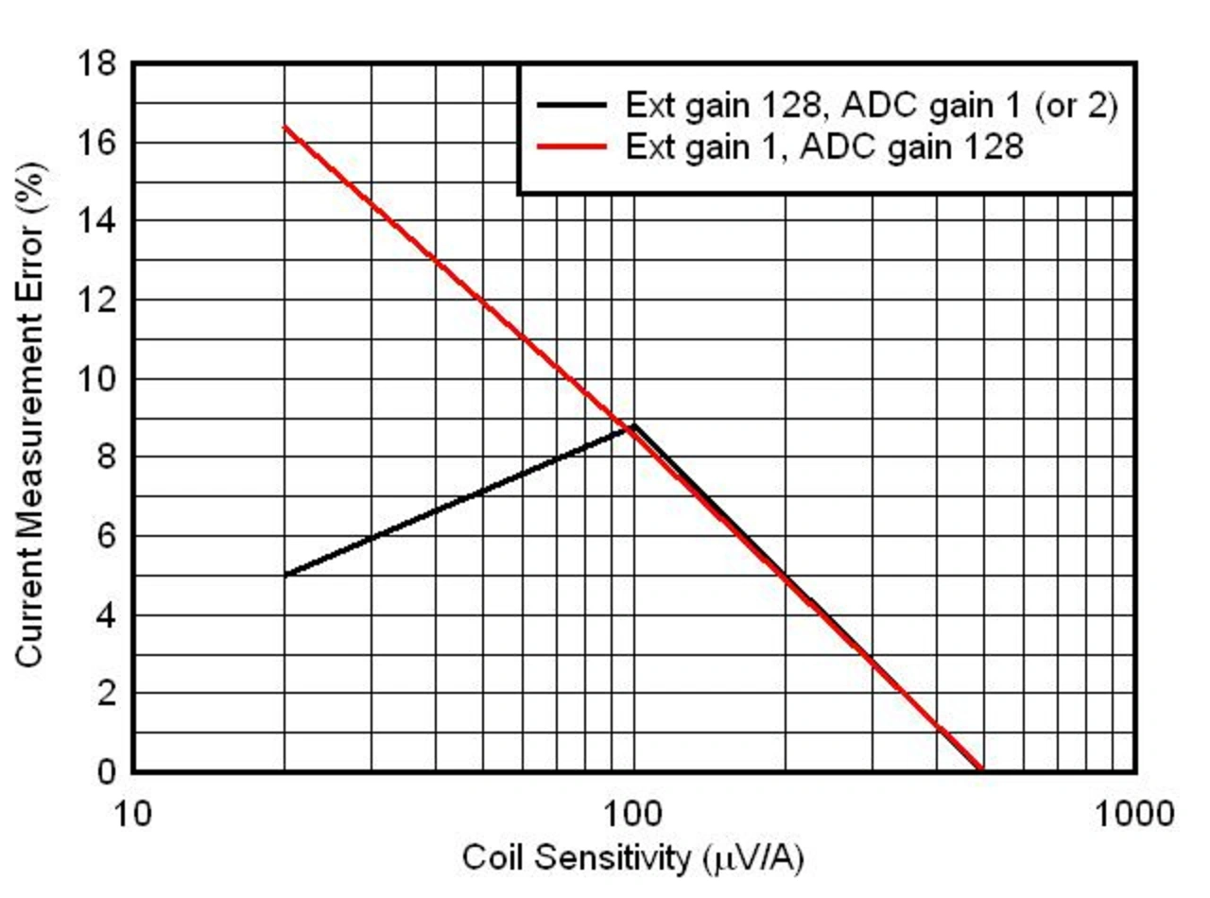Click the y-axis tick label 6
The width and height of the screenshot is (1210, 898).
[x=104, y=536]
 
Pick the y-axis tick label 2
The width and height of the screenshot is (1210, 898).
[x=104, y=693]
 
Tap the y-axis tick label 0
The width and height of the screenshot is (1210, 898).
[x=104, y=771]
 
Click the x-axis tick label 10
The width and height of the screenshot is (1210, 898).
[x=132, y=812]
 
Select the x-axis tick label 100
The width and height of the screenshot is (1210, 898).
[x=633, y=812]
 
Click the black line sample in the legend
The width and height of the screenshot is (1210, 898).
[x=571, y=105]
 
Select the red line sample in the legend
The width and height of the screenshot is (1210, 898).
[x=571, y=146]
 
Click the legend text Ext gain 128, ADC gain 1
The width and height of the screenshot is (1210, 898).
[x=871, y=105]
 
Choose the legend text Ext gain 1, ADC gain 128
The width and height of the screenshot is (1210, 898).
[x=823, y=146]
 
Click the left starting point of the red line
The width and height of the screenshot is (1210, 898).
[x=285, y=127]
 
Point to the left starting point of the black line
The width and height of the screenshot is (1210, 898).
[x=285, y=575]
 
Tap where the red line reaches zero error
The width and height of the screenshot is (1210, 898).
[x=983, y=770]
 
